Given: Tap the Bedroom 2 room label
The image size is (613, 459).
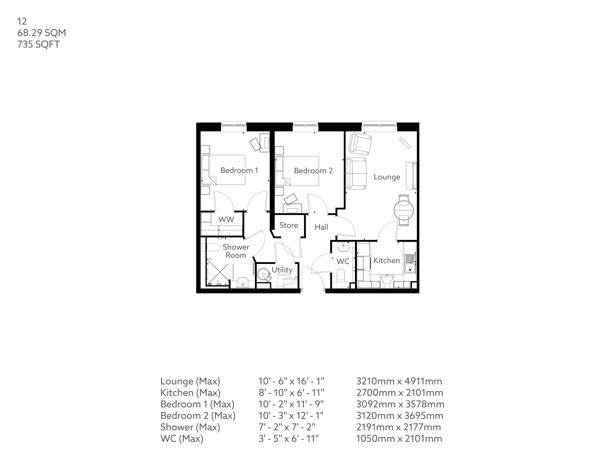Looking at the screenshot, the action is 313,171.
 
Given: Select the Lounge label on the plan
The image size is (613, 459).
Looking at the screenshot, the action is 387,177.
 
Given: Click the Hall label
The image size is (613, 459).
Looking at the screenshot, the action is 321,227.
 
